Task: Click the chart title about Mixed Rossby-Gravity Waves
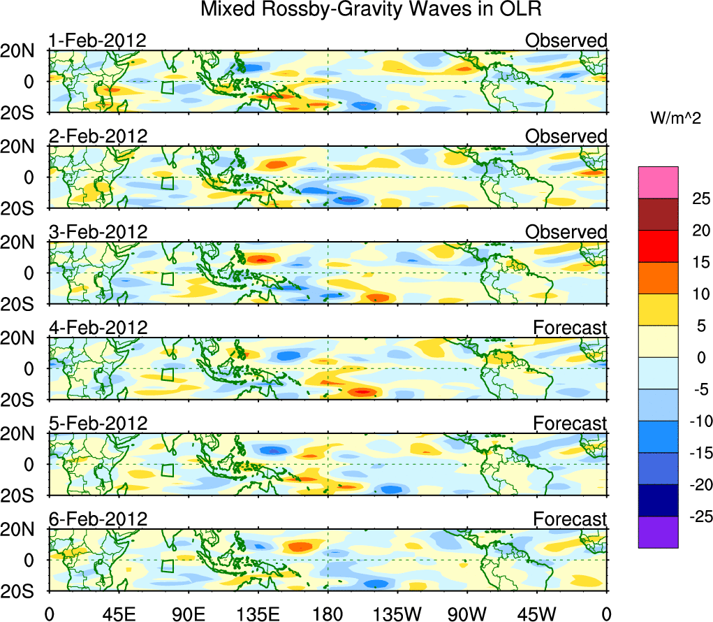371,10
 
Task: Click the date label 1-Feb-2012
97,41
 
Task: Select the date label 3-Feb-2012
98,232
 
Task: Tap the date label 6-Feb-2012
98,519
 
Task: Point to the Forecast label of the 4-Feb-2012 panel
570,327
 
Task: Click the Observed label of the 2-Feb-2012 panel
566,136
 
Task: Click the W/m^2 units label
675,119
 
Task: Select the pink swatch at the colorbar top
658,182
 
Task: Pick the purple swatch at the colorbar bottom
658,532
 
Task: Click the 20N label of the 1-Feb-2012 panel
24,51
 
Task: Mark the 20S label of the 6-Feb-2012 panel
24,591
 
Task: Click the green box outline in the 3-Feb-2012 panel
167,278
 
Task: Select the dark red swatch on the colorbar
658,215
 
